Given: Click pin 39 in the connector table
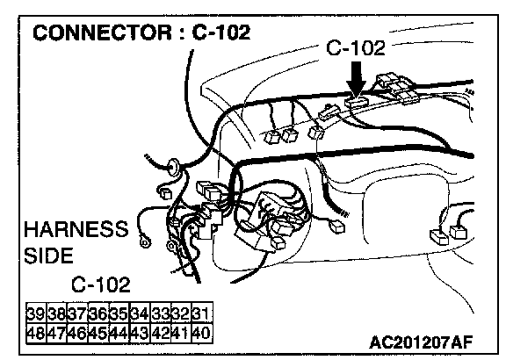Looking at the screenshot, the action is (36, 313).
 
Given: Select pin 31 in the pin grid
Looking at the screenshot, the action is (202, 313).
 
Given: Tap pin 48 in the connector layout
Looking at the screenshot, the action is (36, 333).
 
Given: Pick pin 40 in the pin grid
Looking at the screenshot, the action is (202, 333).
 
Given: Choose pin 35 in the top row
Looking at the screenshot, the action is (119, 313).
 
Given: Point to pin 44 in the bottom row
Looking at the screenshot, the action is (119, 333).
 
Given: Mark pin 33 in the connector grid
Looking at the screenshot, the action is (161, 313).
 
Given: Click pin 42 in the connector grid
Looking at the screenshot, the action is (161, 333).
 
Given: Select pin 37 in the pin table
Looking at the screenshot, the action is (77, 313).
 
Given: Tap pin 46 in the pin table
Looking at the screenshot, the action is (77, 333).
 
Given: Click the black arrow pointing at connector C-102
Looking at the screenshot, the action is (356, 78).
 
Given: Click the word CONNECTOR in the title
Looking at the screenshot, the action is (102, 32).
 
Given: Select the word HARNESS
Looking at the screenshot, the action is (76, 229).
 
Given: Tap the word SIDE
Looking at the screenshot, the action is (48, 256).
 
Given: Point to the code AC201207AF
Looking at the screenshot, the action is (421, 342).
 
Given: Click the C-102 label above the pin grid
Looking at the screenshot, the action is (101, 284).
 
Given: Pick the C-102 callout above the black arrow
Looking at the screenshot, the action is (356, 47).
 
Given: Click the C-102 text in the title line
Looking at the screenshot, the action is (221, 32).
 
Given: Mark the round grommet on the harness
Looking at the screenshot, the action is (174, 168).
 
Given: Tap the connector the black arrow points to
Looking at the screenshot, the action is (357, 102).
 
